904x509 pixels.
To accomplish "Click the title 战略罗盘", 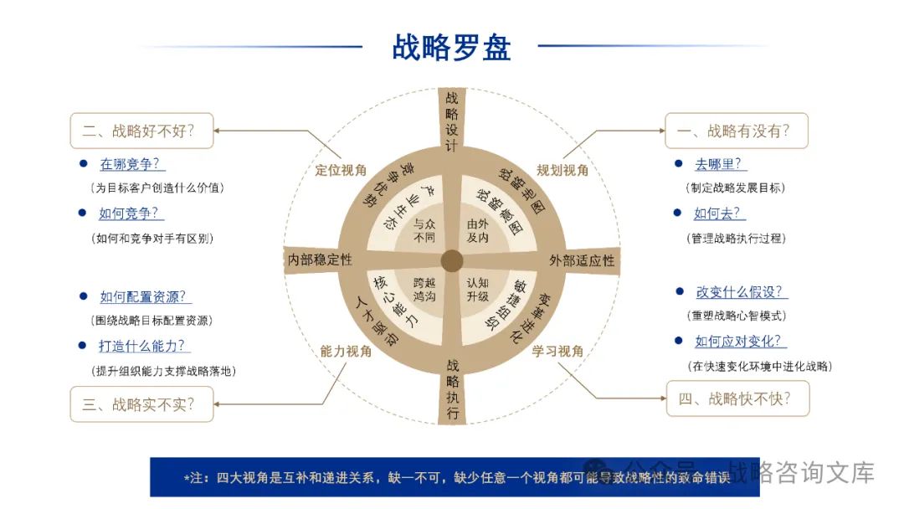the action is click(x=451, y=46).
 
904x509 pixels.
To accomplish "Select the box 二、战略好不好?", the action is click(x=141, y=131).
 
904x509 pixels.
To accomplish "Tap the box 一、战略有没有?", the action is click(x=736, y=131).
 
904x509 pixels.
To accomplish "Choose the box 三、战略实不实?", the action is click(x=141, y=404).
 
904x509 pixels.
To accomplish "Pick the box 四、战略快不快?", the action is click(x=738, y=398).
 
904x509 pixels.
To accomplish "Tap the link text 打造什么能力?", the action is click(x=145, y=345).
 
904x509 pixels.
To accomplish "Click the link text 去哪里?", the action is click(x=721, y=164).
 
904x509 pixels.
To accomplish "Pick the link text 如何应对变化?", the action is click(x=741, y=342).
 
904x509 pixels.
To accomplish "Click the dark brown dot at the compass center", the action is click(x=452, y=260).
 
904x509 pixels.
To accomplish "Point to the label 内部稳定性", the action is click(x=320, y=260).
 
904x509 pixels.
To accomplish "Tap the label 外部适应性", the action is click(x=582, y=260).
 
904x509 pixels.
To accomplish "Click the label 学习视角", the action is click(x=558, y=351).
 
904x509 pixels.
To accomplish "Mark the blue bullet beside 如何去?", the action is click(x=677, y=213).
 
